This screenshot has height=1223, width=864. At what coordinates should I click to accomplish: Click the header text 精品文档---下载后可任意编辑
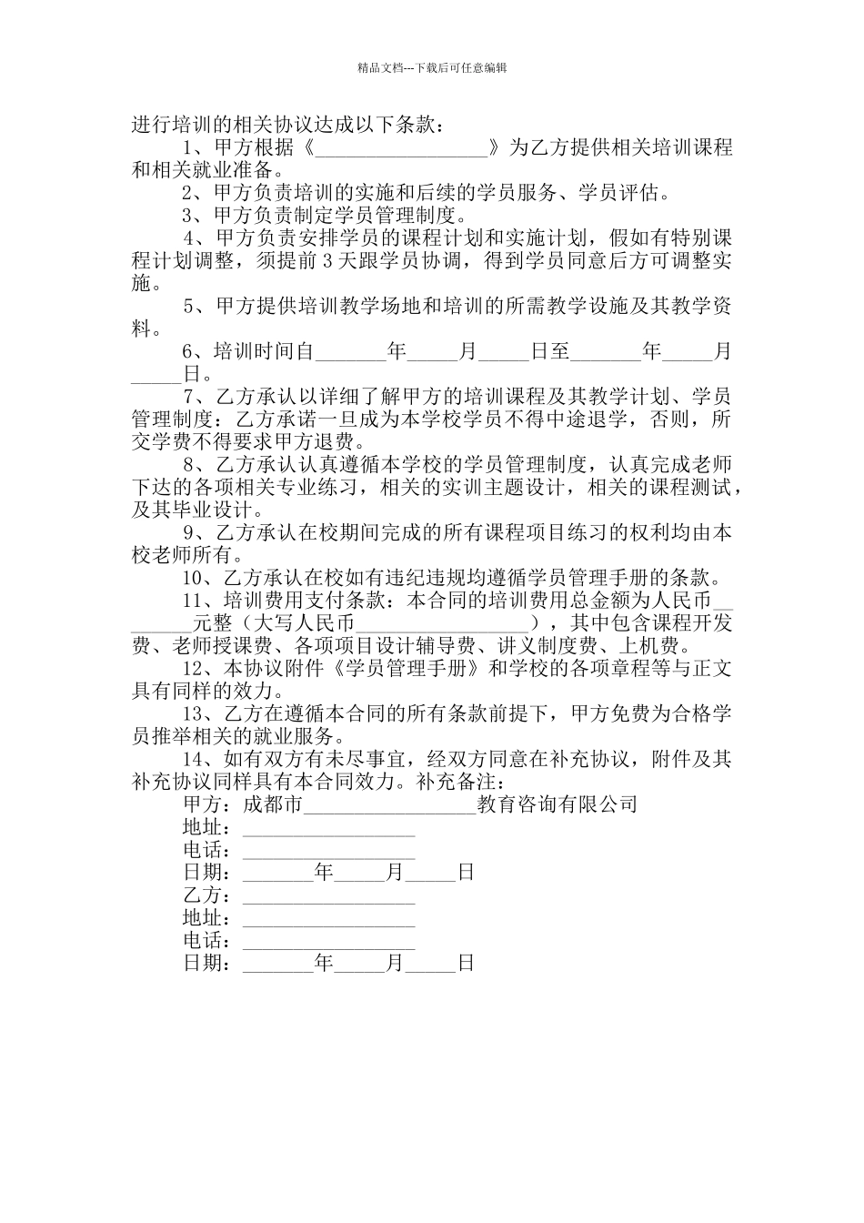pos(432,67)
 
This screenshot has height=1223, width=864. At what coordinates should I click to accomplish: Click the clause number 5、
pos(195,307)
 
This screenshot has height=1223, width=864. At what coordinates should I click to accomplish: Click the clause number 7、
pos(195,397)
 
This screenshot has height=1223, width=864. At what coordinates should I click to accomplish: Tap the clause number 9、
pos(195,532)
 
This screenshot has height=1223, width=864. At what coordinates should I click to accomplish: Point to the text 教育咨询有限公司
pos(557,804)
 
